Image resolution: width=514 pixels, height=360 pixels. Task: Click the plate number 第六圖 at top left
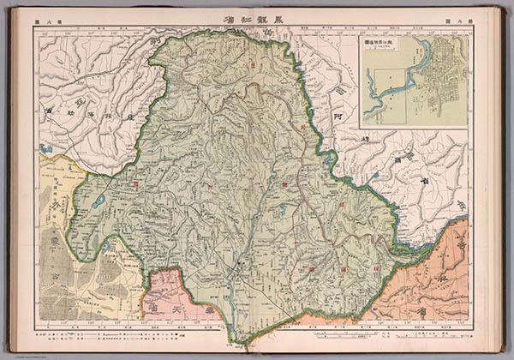pos(45,18)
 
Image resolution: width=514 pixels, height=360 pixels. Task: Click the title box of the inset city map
pos(382,43)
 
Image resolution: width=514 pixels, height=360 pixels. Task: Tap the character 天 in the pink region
pos(176,298)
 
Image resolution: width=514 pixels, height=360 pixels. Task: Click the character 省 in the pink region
pos(206,311)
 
